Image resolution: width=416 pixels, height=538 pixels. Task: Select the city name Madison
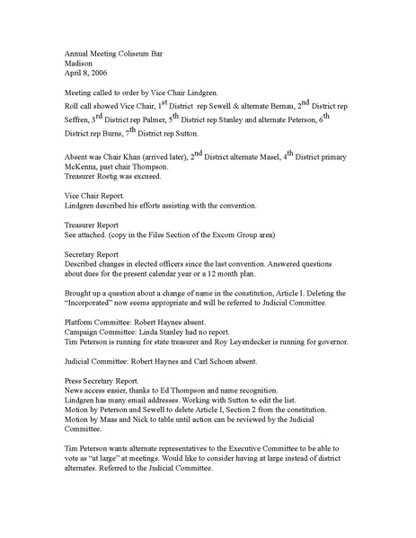(81, 64)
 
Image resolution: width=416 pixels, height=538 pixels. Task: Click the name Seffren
(79, 119)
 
